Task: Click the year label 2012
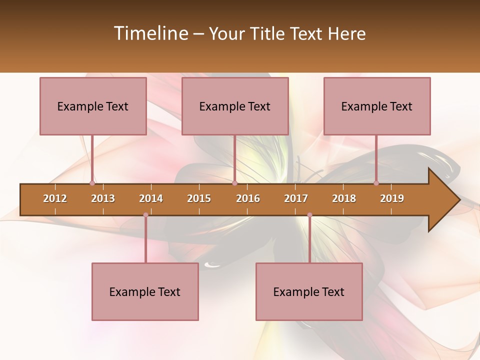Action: coord(55,198)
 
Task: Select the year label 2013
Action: coord(103,198)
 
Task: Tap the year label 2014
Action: coord(151,198)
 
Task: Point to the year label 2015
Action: coord(199,198)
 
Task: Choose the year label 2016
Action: coord(248,198)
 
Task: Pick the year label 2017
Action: coord(296,198)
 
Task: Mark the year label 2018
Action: coord(344,198)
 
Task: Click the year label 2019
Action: coord(392,198)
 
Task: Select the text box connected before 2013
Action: coord(93,106)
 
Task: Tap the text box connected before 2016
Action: coord(235,106)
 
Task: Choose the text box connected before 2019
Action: coord(377,106)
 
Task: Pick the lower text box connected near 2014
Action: coord(145,291)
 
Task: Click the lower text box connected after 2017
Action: coord(309,291)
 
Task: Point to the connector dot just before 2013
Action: coord(92,183)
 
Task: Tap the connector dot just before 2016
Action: coord(234,183)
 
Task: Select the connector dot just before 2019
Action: coord(376,183)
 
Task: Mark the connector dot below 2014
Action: coord(145,215)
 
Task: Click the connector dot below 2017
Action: coord(309,215)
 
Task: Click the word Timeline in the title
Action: coord(150,33)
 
